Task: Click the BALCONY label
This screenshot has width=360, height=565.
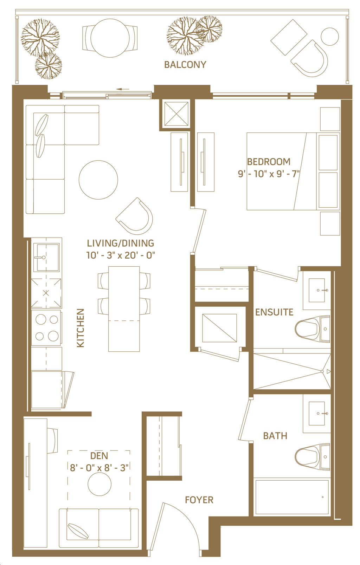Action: coord(185,65)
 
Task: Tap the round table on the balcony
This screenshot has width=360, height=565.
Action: coord(110,38)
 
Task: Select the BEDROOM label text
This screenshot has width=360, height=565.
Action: coord(269,162)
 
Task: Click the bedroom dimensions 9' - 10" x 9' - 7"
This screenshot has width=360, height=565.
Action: coord(269,174)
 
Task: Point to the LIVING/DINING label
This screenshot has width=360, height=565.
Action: coord(121,243)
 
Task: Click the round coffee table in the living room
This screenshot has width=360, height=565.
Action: coord(98,180)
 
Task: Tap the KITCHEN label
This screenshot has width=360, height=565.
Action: coord(80,328)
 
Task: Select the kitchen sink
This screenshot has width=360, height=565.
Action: coord(46,257)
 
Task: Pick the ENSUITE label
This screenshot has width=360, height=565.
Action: coord(274,312)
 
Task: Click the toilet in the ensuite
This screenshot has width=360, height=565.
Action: coord(312,329)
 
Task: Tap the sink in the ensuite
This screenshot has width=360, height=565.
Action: coord(317,290)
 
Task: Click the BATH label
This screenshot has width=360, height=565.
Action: coord(275,436)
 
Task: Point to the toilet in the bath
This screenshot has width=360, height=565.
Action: coord(312,457)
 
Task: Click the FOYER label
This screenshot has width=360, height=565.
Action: coord(199,500)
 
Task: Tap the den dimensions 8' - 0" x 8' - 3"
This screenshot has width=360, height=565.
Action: coord(99,468)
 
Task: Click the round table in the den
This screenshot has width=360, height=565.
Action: coord(99,484)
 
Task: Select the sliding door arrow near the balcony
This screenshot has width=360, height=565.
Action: coord(123,89)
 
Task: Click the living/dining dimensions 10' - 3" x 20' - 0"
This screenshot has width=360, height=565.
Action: coord(121,255)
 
